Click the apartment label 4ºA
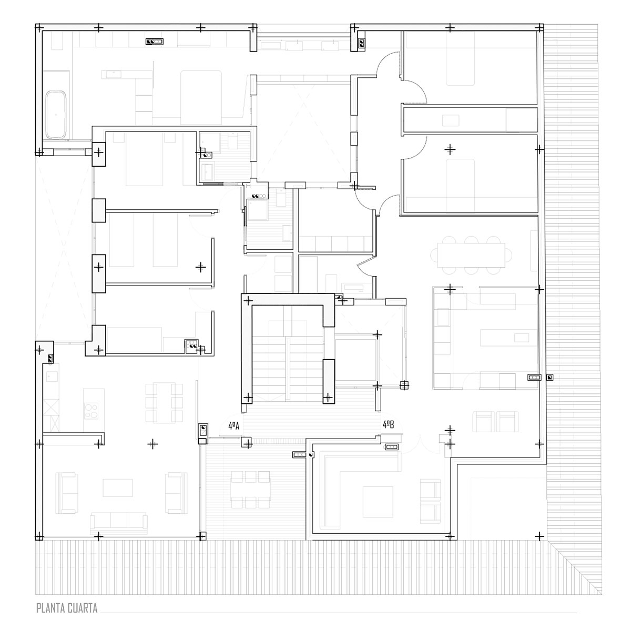[234, 426]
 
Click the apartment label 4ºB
[389, 425]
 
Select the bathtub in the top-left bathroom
[56, 114]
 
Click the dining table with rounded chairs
[471, 255]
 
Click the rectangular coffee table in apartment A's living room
[118, 488]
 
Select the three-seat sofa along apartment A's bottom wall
[119, 524]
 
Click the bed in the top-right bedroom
[461, 58]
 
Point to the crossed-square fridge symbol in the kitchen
[51, 408]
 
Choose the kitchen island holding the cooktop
[94, 410]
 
